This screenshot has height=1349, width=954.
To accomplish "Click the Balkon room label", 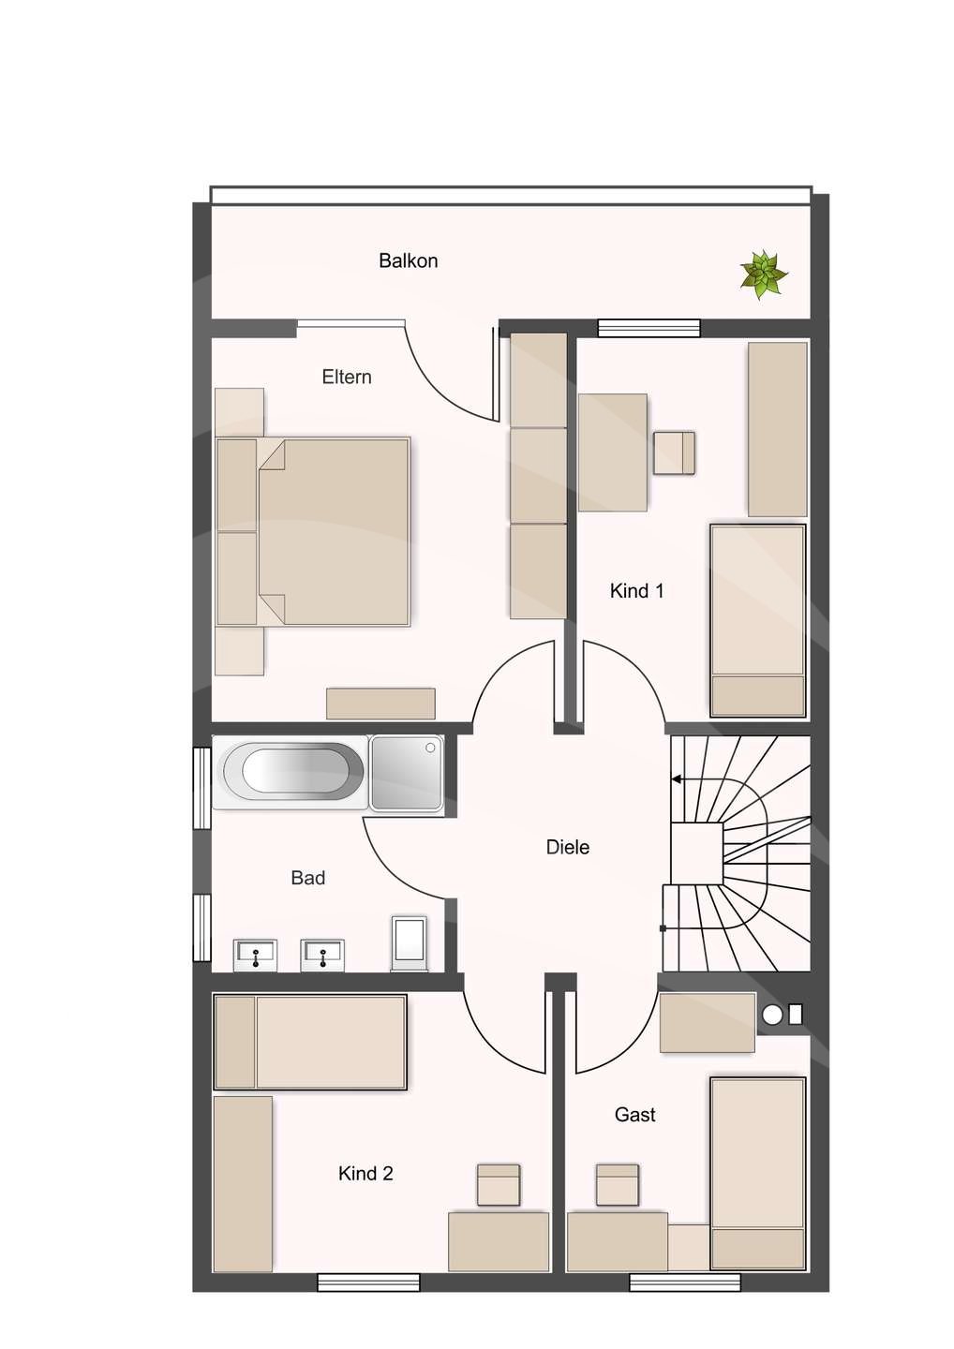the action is tap(408, 260).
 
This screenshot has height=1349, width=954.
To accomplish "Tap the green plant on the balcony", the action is tap(763, 274).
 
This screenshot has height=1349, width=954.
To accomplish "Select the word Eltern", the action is tap(347, 377).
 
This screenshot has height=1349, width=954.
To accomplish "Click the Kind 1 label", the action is tap(636, 591).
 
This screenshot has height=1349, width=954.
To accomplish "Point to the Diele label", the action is tap(567, 847).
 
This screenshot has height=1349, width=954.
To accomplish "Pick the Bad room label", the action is tap(307, 878).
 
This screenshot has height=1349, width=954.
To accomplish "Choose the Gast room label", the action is tap(634, 1115).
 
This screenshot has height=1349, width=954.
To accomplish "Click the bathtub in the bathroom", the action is tap(292, 772).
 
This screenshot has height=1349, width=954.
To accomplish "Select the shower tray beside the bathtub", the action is tap(407, 773).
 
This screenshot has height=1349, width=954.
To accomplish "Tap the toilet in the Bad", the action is tap(410, 943).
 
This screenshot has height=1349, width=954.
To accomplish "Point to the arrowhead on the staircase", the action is tap(677, 779).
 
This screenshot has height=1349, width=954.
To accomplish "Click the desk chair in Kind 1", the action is tap(675, 452).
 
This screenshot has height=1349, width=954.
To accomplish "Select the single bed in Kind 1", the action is tap(757, 621).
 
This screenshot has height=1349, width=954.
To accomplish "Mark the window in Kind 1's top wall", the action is tap(648, 328).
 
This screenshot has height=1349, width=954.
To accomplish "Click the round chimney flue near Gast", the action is tap(772, 1015).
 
